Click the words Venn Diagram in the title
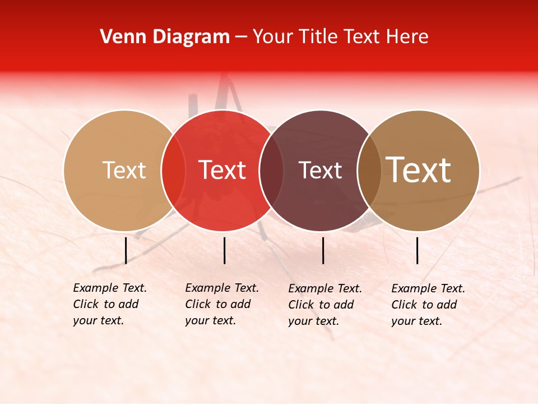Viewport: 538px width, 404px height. click(165, 37)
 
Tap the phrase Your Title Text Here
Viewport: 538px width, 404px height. click(340, 37)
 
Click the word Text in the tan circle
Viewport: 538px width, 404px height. click(124, 171)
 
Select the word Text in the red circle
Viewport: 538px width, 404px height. click(222, 171)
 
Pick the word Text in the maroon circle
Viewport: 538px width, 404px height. click(321, 171)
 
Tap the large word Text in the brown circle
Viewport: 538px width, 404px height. click(419, 170)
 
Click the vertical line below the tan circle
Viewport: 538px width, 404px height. click(126, 250)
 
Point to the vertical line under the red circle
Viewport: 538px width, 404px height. click(224, 250)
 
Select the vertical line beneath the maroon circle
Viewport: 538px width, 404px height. click(323, 250)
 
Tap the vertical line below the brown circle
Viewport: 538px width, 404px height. click(418, 250)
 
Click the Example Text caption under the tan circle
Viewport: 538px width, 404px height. click(110, 304)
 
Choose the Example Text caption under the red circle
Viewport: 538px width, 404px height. click(222, 304)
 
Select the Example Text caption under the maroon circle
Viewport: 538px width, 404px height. click(325, 305)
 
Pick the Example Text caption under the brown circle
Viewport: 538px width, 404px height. click(428, 305)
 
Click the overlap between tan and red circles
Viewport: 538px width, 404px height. click(173, 171)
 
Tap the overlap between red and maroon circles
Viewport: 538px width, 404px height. click(271, 171)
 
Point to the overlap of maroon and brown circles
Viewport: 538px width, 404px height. click(369, 171)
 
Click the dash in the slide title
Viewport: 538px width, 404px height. click(241, 38)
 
